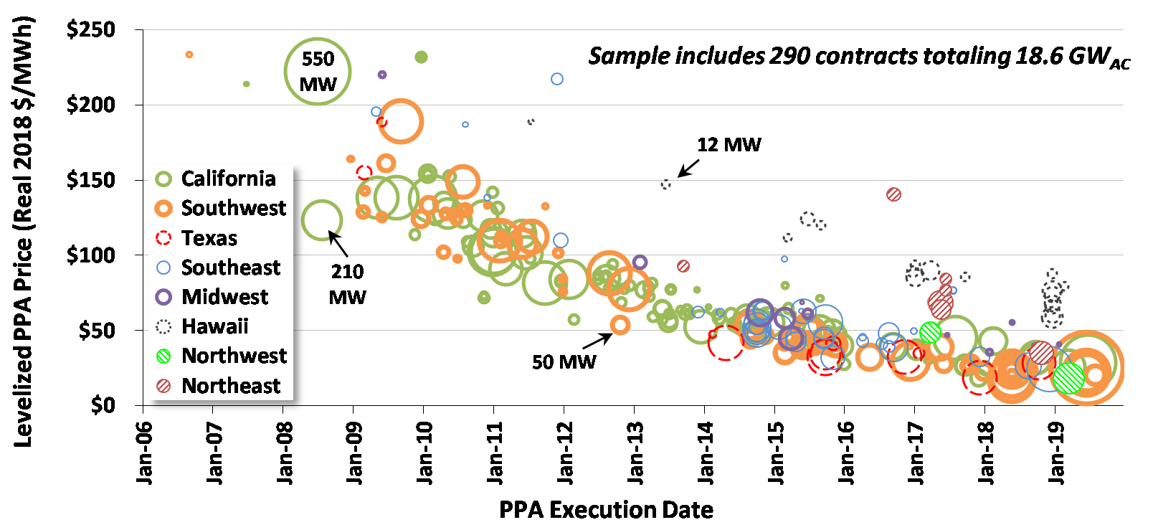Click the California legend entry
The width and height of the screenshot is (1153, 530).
pos(228,179)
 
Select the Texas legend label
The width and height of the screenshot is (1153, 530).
pos(209,238)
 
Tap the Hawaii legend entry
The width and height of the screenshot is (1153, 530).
pos(214,326)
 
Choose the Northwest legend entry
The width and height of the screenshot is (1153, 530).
pos(234,356)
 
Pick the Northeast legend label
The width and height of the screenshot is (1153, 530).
pos(231,386)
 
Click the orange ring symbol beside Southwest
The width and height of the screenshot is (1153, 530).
pos(163,209)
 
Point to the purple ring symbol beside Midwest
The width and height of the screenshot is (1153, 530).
pos(163,297)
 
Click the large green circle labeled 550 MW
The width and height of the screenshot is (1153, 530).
pos(318,71)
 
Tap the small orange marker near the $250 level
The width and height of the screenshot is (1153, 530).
pos(189,55)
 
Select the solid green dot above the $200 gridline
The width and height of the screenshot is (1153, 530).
pos(422,57)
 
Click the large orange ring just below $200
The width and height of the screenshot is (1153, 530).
pos(401,122)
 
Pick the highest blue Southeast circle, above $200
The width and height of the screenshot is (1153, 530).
pos(557,79)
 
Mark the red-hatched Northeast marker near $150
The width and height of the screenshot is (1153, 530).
pos(893,194)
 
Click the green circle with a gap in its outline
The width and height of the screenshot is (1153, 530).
pos(322,219)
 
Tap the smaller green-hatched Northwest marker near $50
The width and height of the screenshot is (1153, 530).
pos(930,333)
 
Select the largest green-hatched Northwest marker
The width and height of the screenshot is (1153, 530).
pos(1068,378)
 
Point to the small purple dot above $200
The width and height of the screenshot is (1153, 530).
pos(382,75)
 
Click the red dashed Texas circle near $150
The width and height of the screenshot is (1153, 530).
pos(364,172)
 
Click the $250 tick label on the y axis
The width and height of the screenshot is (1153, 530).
pos(91,29)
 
